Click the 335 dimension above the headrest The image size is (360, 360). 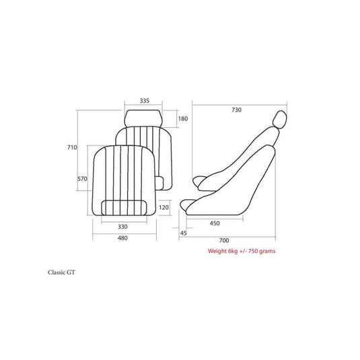pos(145,100)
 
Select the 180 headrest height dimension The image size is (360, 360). pos(183,118)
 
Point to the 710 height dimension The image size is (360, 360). pos(72,147)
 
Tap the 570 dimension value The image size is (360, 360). pos(82,178)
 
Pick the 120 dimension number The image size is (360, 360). pos(164,207)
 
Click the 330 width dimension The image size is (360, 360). pos(122,227)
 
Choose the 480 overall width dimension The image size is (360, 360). pos(122,238)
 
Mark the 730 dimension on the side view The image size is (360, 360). pos(236,110)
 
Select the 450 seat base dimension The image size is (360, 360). pos(215,223)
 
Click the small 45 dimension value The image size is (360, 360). pos(184,233)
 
